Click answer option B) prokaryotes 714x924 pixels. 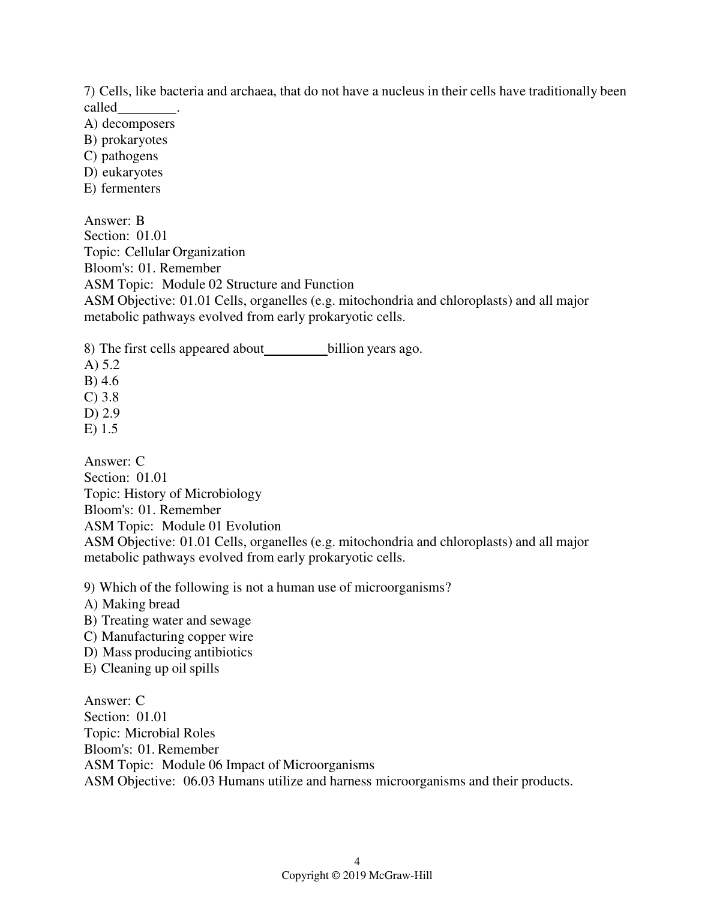125,140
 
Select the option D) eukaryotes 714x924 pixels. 123,172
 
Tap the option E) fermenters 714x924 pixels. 122,188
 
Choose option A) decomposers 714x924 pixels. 129,124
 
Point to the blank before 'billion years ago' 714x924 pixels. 296,350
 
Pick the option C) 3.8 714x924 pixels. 101,397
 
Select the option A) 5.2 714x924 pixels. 101,365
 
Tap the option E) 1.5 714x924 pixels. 101,429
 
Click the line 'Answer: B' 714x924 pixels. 114,221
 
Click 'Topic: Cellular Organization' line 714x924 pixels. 164,252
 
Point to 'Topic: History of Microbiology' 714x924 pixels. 173,494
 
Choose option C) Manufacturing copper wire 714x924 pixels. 169,637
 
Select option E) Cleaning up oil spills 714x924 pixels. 151,668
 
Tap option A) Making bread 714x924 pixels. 131,604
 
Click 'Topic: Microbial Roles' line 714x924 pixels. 149,733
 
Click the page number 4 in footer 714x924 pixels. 357,862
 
